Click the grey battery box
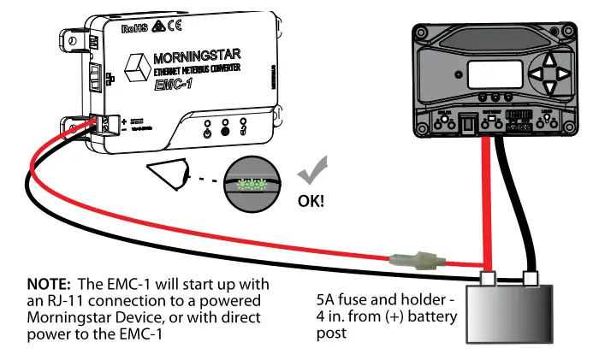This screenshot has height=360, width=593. point(511,312)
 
